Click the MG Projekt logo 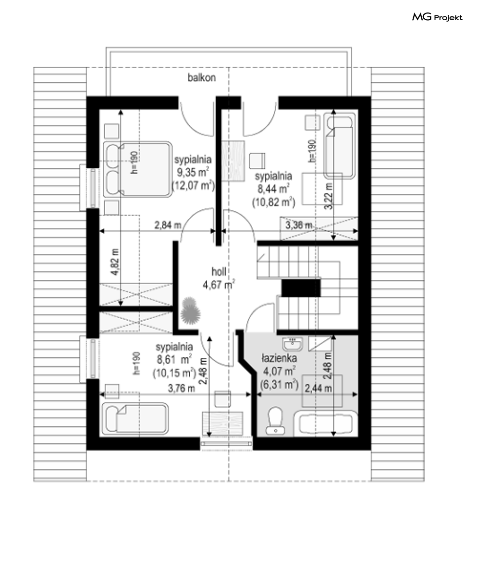click(x=437, y=17)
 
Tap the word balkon click(x=201, y=78)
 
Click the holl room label click(x=219, y=272)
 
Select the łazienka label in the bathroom click(x=279, y=358)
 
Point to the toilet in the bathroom click(x=275, y=420)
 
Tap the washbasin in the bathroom click(x=293, y=344)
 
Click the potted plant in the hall click(x=190, y=311)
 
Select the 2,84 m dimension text click(x=168, y=225)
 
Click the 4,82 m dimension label click(x=115, y=262)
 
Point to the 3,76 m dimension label click(x=182, y=388)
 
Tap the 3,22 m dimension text click(x=329, y=196)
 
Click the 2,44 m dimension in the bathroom click(x=318, y=388)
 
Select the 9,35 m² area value click(x=193, y=172)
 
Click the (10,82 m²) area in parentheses click(x=273, y=202)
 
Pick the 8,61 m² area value click(x=174, y=360)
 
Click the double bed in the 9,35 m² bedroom click(x=137, y=169)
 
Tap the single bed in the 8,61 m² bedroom click(x=135, y=418)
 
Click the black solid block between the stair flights click(x=301, y=287)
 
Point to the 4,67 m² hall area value click(x=219, y=284)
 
